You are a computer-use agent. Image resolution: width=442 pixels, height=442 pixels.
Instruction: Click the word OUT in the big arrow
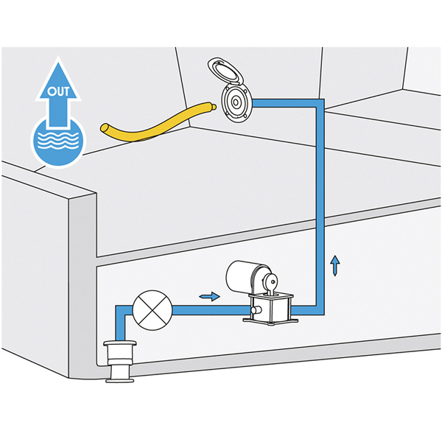tap(58, 91)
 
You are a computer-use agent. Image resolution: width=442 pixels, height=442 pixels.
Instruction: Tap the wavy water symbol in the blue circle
tap(58, 140)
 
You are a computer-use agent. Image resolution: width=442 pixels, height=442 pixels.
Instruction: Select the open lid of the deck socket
tap(225, 72)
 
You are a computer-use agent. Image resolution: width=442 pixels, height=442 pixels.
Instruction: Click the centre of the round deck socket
tap(236, 102)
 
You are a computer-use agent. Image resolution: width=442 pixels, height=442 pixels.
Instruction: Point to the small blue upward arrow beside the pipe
tap(335, 265)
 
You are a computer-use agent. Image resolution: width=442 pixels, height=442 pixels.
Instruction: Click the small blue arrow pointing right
tap(209, 296)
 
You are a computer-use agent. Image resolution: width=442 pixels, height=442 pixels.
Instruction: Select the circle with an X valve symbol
tap(152, 310)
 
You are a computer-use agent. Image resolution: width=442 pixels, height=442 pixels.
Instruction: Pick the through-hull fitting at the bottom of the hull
tap(119, 362)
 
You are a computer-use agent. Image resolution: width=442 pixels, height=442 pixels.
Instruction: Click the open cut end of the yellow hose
tap(105, 128)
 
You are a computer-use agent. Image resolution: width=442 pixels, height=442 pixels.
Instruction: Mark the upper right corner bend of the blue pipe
tap(320, 103)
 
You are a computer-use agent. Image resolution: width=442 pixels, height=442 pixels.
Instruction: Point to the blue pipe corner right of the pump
tap(320, 311)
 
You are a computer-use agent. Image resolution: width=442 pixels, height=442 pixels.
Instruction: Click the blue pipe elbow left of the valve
tap(120, 310)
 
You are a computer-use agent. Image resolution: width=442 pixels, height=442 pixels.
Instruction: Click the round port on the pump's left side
tap(256, 310)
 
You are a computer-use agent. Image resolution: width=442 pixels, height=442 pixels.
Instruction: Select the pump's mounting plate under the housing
tap(270, 321)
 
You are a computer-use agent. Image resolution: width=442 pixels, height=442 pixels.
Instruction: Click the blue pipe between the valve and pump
tap(211, 310)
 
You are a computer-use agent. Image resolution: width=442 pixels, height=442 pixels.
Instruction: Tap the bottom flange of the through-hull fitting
tap(119, 380)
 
